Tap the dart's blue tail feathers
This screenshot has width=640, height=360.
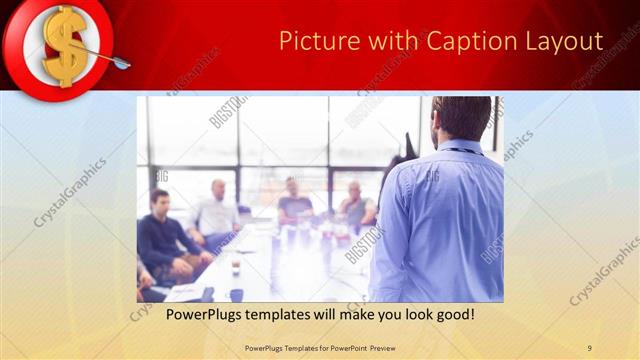pyautogui.click(x=121, y=65)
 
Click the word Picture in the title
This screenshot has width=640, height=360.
pyautogui.click(x=314, y=41)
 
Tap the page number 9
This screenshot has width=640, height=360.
pyautogui.click(x=589, y=347)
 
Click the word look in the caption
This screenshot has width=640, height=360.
pyautogui.click(x=408, y=314)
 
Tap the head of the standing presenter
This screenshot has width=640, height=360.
pyautogui.click(x=463, y=118)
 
